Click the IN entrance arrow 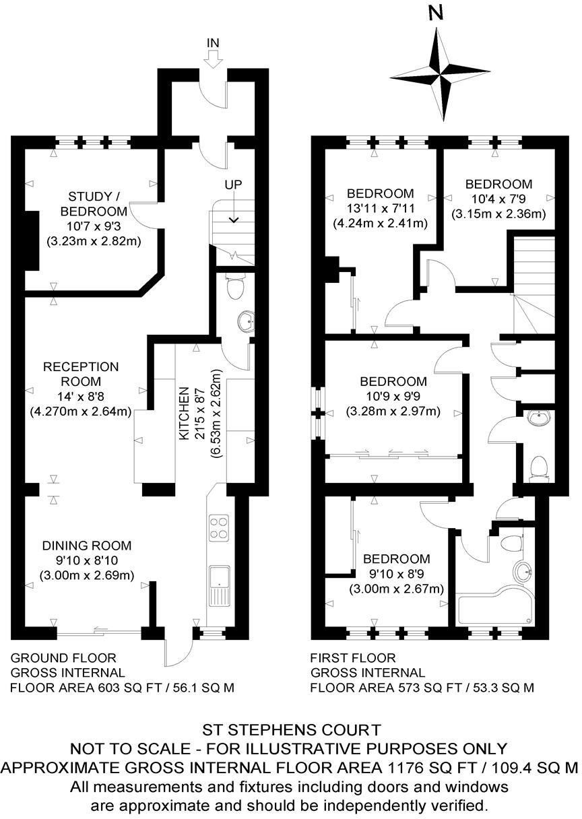(x=213, y=54)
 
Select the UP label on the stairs (x=234, y=184)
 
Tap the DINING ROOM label (x=87, y=546)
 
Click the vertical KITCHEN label (x=183, y=414)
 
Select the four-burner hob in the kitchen (x=219, y=527)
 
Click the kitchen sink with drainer (x=219, y=583)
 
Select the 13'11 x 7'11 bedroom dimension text (x=380, y=209)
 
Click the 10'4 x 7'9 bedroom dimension (x=498, y=199)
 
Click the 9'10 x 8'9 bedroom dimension (x=396, y=575)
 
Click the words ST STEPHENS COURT (x=292, y=729)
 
